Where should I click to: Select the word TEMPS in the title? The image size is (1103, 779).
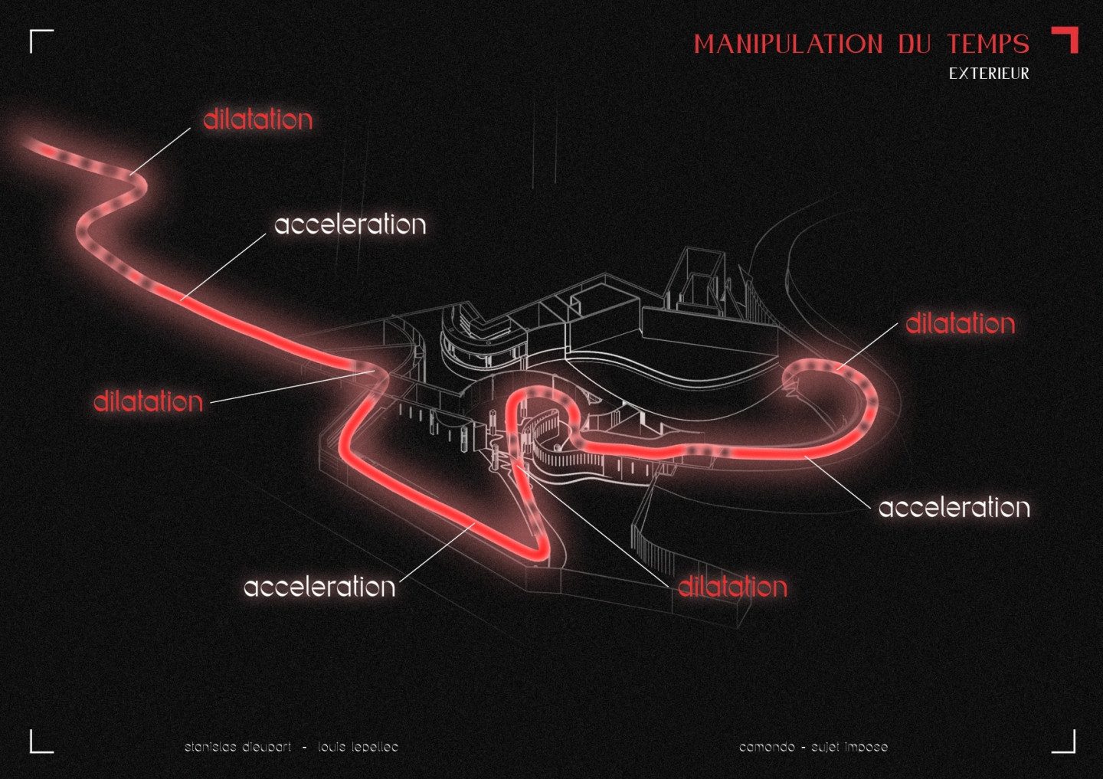coord(987,44)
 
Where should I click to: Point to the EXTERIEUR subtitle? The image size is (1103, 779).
coord(989,74)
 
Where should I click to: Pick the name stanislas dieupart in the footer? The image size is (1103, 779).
coord(237,747)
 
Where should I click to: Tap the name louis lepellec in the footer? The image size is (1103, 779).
coord(358,747)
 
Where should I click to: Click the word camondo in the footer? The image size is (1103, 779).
coord(767,747)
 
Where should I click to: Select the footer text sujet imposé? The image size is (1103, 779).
coord(850,747)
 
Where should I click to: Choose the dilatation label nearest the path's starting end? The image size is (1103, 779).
coord(257,119)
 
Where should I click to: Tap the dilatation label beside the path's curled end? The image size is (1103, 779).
coord(960,323)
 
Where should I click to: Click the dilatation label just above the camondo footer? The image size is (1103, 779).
coord(732,587)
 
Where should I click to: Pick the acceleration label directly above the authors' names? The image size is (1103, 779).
coord(319,587)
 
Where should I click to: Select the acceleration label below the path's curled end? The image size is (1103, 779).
coord(954,507)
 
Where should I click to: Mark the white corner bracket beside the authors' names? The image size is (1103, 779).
coord(40,742)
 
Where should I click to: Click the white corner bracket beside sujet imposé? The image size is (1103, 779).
coord(1065,742)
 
